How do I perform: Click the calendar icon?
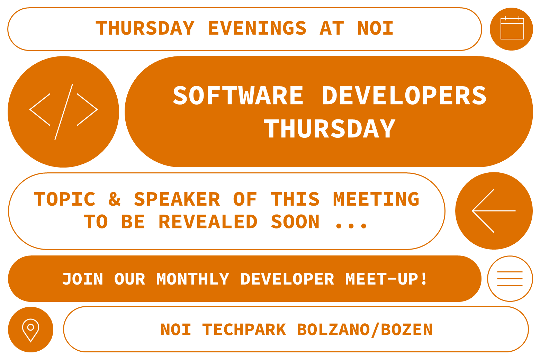[x=512, y=28]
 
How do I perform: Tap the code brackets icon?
[x=63, y=111]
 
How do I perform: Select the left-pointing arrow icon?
[x=494, y=210]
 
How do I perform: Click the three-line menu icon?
[x=510, y=279]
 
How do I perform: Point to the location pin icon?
[x=30, y=329]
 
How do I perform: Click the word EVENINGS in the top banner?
[x=257, y=28]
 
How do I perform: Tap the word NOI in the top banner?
[x=376, y=28]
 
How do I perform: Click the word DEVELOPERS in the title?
[x=404, y=96]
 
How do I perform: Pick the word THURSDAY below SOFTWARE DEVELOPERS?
[x=329, y=129]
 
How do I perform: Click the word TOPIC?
[x=65, y=199]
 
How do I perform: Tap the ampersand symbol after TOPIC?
[x=114, y=199]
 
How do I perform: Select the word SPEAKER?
[x=177, y=199]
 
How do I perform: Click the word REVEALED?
[x=208, y=222]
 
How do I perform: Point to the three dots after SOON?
[x=351, y=226]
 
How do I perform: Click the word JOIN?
[x=83, y=279]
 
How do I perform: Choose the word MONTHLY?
[x=193, y=279]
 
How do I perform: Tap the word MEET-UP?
[x=386, y=279]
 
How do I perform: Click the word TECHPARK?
[x=244, y=330]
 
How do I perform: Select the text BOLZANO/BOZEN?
[x=365, y=330]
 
